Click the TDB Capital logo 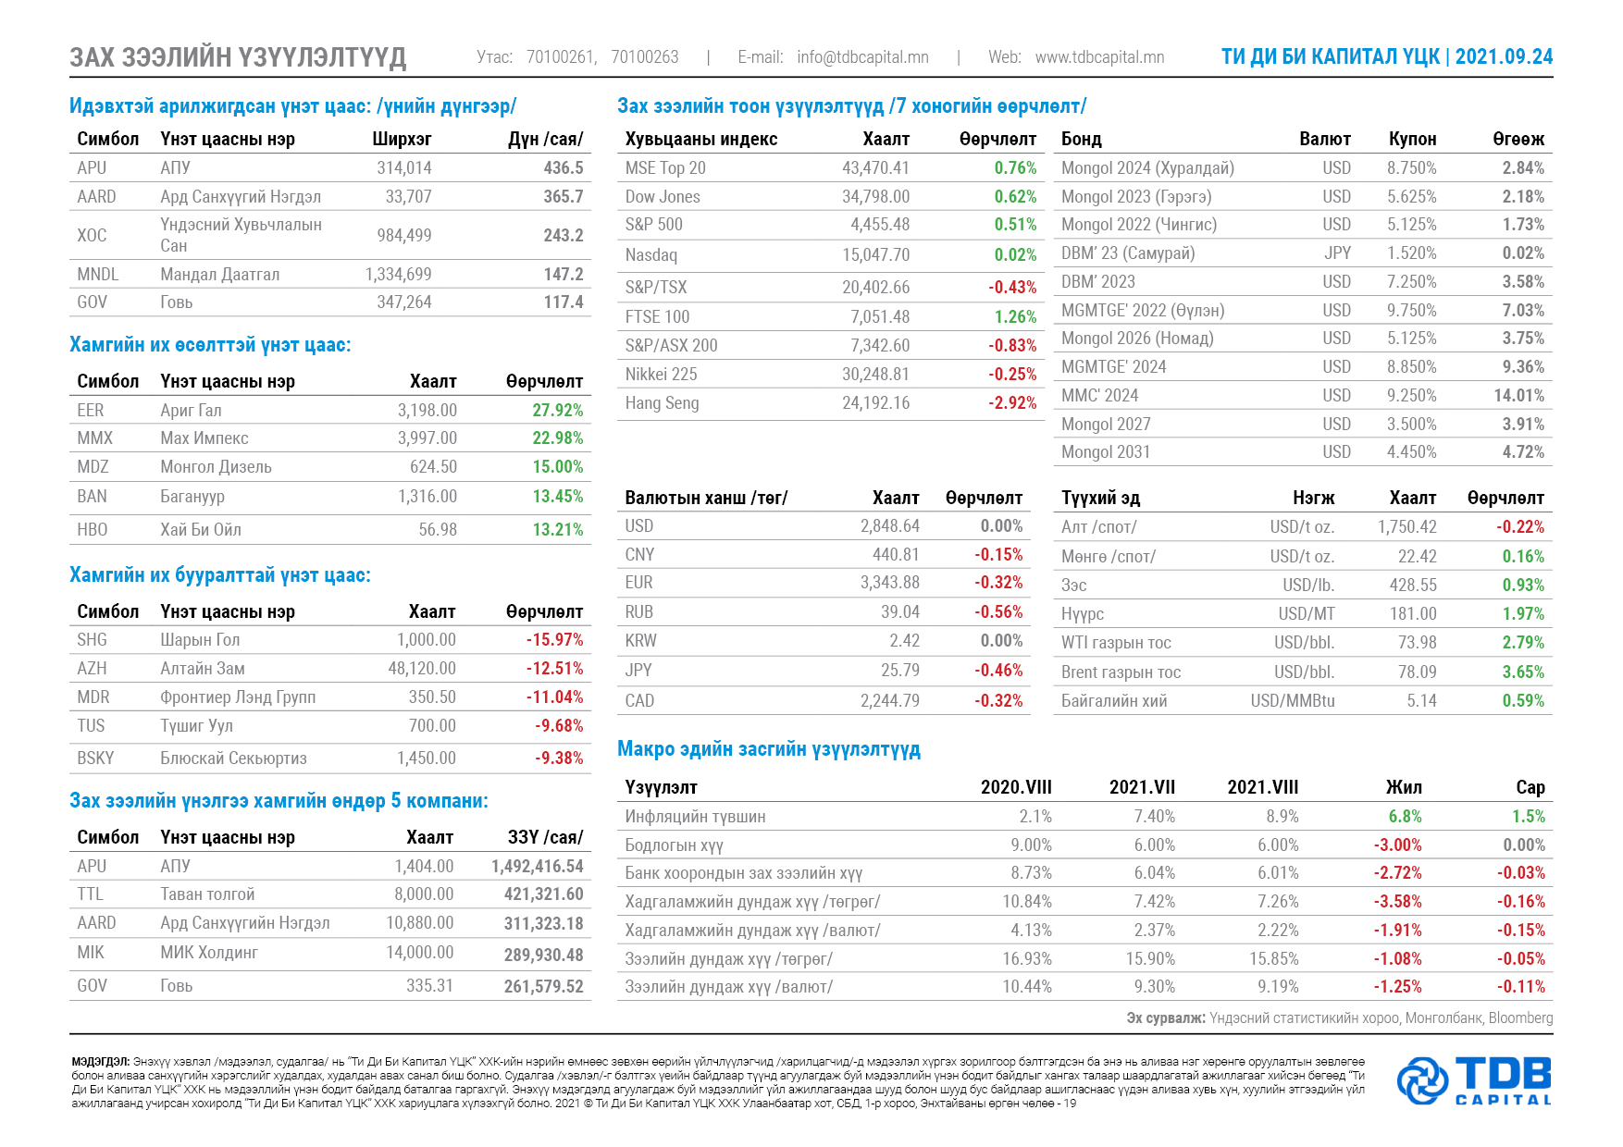[1474, 1080]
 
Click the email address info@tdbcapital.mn [862, 57]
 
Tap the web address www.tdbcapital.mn [1099, 57]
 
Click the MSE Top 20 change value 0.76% [1015, 168]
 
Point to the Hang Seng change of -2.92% [1012, 403]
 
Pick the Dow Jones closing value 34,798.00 [875, 197]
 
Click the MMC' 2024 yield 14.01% [1518, 396]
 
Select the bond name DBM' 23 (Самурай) [1128, 253]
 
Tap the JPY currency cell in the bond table [1337, 253]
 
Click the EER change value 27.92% [557, 411]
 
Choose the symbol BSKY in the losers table [95, 758]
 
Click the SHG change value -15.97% [554, 640]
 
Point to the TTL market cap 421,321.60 [543, 894]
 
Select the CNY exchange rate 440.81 [896, 555]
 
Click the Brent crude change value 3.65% [1523, 672]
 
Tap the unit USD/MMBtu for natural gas [1293, 701]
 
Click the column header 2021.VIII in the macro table [1263, 787]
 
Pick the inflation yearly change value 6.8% [1405, 817]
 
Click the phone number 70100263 [645, 57]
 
